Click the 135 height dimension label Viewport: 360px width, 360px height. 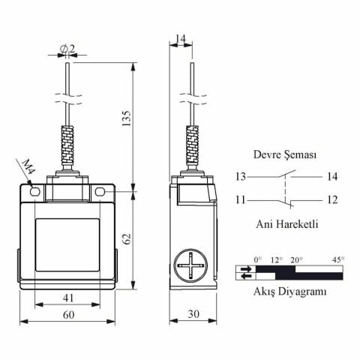click(x=127, y=118)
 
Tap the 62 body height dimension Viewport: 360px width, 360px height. click(x=127, y=239)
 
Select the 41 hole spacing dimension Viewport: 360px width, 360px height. click(x=68, y=298)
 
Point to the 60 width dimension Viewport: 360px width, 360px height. click(x=68, y=315)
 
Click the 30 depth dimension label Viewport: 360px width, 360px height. click(x=193, y=314)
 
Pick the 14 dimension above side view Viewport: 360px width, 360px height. click(x=181, y=39)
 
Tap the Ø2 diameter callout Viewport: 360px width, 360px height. click(x=67, y=48)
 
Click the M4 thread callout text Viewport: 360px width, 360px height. click(x=28, y=167)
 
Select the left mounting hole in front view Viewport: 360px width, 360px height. click(x=34, y=192)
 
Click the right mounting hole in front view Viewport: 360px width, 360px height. click(x=100, y=192)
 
